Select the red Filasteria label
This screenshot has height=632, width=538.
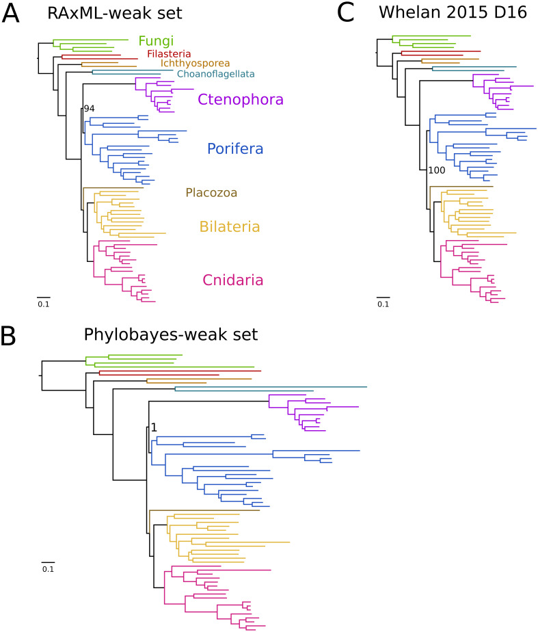click(x=169, y=54)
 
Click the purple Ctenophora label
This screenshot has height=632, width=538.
click(x=240, y=100)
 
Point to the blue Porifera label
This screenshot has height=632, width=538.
click(x=234, y=148)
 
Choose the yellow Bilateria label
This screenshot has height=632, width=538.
click(x=230, y=226)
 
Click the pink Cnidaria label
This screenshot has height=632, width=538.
click(x=233, y=280)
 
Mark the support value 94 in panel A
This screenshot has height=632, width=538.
click(x=87, y=108)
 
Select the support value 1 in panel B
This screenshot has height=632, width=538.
click(x=154, y=427)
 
